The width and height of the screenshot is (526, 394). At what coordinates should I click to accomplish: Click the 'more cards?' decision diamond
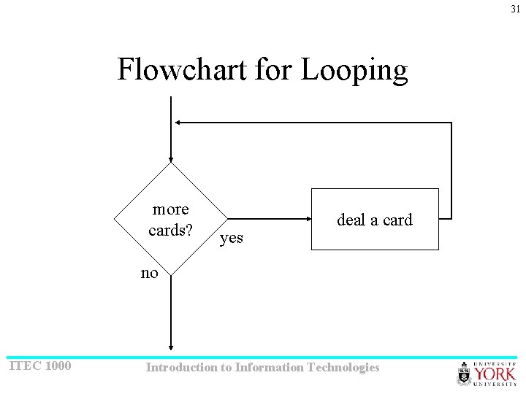pyautogui.click(x=170, y=219)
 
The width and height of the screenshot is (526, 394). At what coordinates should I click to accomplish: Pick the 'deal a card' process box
pyautogui.click(x=375, y=219)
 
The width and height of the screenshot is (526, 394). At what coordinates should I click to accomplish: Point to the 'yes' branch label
pyautogui.click(x=232, y=238)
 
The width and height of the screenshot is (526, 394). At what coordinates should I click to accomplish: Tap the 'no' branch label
pyautogui.click(x=149, y=274)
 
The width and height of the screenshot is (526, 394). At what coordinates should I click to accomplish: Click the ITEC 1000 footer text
pyautogui.click(x=39, y=366)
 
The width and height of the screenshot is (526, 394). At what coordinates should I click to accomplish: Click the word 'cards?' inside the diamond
pyautogui.click(x=170, y=231)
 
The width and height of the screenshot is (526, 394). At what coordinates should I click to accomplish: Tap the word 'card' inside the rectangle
pyautogui.click(x=397, y=220)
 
